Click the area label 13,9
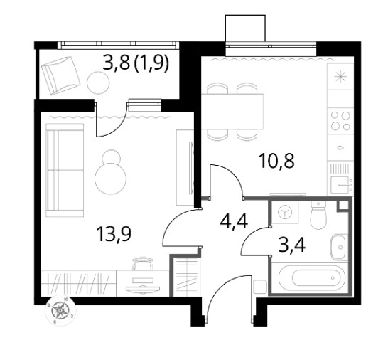(x=114, y=234)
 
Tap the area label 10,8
(x=276, y=161)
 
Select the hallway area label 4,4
(x=234, y=221)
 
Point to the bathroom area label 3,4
(x=292, y=245)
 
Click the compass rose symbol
(x=60, y=310)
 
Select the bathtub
(x=312, y=277)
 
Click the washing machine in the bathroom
(x=285, y=212)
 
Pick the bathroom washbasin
(x=338, y=247)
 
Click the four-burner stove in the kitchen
(x=340, y=121)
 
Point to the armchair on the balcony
(x=60, y=75)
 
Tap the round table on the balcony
(x=98, y=83)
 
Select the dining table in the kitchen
(x=232, y=112)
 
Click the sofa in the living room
(x=65, y=170)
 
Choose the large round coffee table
(x=110, y=179)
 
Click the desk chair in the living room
(x=142, y=264)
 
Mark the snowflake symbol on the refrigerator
(x=340, y=76)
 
